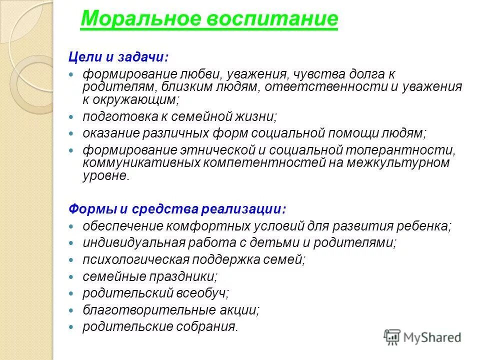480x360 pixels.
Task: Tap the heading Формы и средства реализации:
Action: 170,208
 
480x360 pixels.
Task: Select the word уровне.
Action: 105,175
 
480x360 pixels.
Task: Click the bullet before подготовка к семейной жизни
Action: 71,117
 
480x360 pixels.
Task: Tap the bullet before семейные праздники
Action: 71,276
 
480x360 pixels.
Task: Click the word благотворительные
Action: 144,310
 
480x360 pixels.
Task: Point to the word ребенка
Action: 424,226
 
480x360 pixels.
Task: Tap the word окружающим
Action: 135,99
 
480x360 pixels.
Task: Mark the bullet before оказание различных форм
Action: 71,134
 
